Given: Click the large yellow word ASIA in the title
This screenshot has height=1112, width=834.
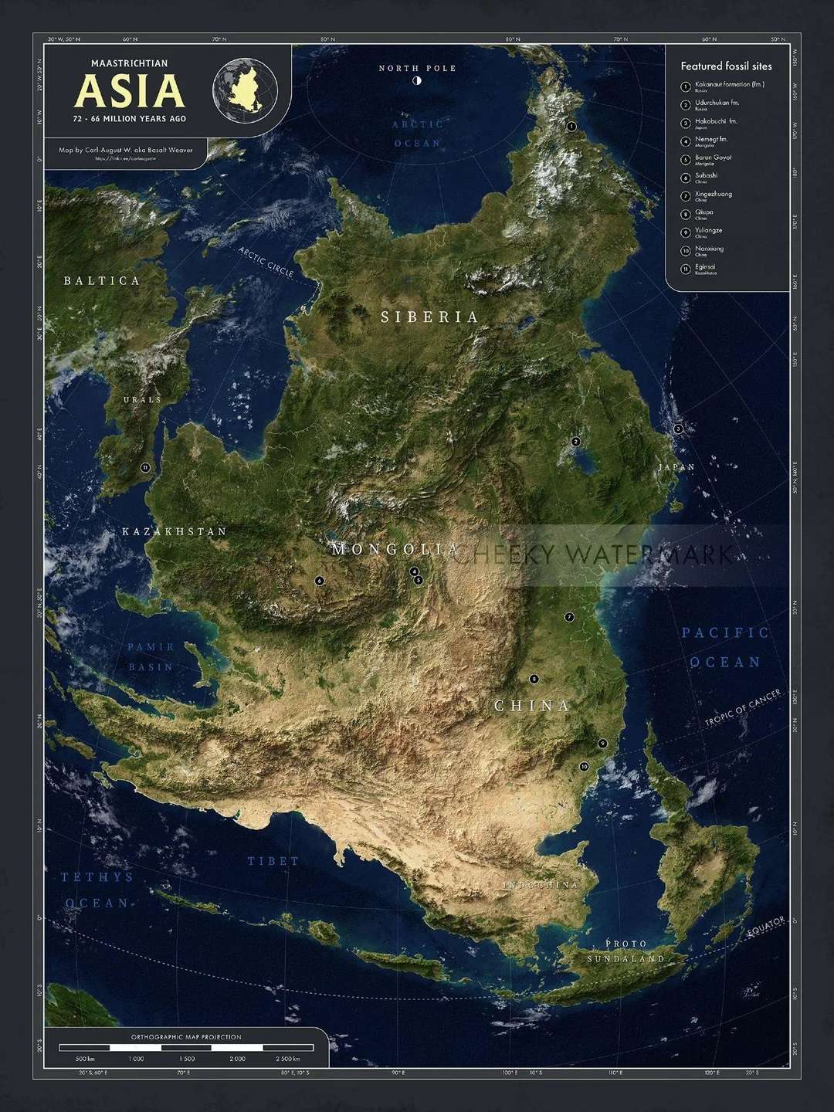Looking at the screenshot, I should (x=130, y=91).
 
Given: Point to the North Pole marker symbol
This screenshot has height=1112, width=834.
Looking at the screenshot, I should (x=417, y=80).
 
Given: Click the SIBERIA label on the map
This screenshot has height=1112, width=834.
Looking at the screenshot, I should (x=429, y=317).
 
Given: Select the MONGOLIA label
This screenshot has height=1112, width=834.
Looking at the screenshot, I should (x=395, y=549).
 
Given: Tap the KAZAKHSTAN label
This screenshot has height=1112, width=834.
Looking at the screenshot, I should (x=175, y=531).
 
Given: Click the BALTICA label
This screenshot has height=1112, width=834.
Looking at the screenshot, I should (x=102, y=280).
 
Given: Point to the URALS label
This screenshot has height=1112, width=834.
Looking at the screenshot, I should (x=143, y=399).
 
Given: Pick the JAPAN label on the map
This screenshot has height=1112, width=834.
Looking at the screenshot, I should (x=676, y=467).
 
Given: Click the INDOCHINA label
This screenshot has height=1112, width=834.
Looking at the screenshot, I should (x=541, y=885).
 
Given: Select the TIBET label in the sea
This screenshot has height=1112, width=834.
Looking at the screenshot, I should (x=273, y=860).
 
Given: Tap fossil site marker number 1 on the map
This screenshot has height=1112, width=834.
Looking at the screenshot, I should (x=571, y=126).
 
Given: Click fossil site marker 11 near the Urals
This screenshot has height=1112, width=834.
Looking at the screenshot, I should (x=145, y=467).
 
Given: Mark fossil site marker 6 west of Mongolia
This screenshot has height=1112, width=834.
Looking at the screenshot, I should (x=319, y=580).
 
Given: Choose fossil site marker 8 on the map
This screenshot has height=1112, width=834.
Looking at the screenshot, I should (x=533, y=679).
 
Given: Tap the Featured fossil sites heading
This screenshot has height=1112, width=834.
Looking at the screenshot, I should (x=726, y=66).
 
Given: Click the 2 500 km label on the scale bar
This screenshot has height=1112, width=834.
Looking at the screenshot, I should (x=286, y=1059).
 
